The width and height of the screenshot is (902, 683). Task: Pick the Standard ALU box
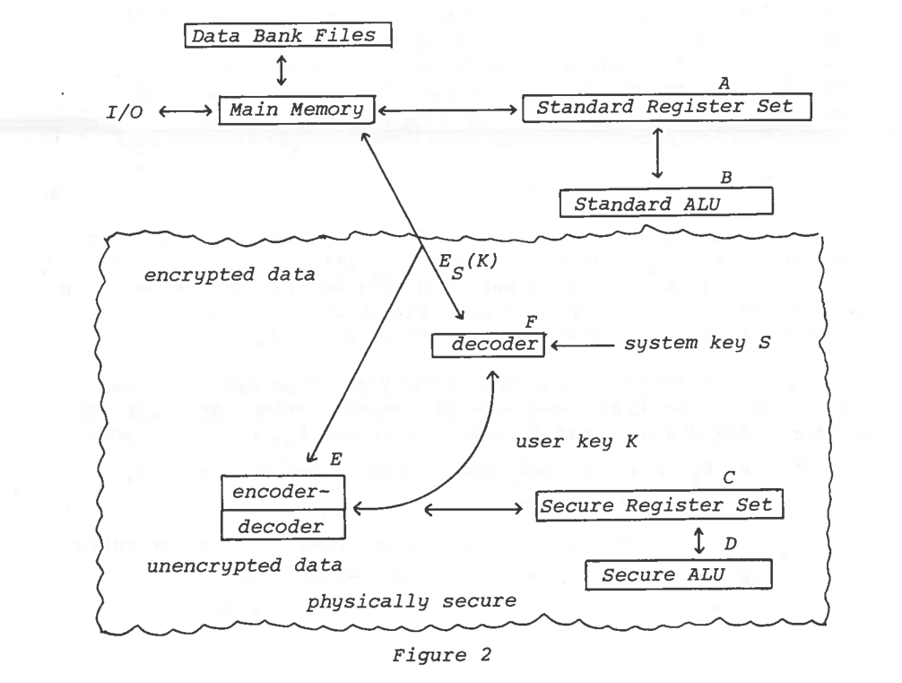[665, 202]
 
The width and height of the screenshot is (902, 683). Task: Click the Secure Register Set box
[659, 505]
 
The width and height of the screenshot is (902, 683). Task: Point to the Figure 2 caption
[449, 662]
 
